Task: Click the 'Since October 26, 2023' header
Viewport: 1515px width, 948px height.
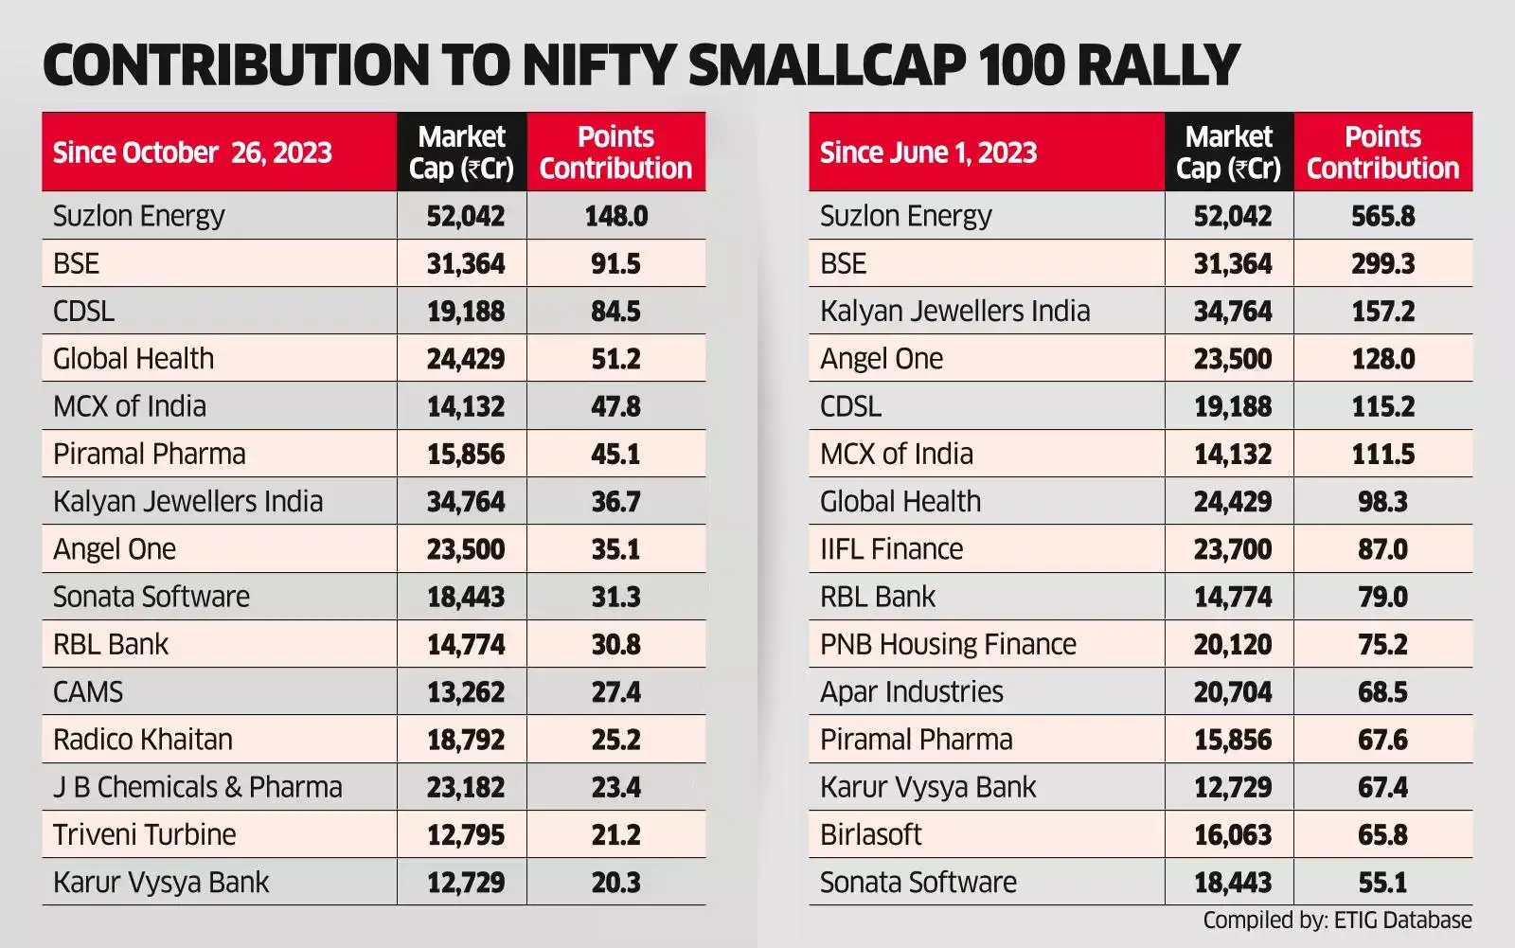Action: click(192, 152)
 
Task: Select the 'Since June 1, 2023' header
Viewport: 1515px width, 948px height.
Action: click(928, 152)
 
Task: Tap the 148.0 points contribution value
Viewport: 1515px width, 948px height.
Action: click(615, 216)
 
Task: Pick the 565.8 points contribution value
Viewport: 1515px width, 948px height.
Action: click(1382, 216)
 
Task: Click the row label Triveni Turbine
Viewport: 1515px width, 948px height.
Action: click(144, 834)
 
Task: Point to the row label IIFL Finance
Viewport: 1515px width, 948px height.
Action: click(891, 549)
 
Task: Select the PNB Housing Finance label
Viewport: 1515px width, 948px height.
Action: click(948, 644)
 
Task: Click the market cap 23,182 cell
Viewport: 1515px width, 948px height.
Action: click(465, 787)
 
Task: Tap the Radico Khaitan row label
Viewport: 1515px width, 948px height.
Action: click(142, 740)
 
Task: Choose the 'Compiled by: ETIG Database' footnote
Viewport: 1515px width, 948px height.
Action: click(1337, 920)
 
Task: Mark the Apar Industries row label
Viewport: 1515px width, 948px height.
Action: click(911, 692)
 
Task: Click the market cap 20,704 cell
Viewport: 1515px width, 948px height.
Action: click(1232, 692)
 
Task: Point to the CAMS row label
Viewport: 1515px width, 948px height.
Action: click(88, 692)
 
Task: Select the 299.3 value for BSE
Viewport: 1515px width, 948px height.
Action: click(1382, 263)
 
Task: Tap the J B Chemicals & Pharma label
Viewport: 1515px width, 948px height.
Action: click(197, 787)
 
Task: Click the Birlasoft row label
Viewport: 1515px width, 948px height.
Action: click(870, 834)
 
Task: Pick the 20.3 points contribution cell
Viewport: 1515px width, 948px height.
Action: click(615, 883)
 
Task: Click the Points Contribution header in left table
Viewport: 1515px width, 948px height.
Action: click(615, 152)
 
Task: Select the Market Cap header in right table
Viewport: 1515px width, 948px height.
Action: click(1228, 152)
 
